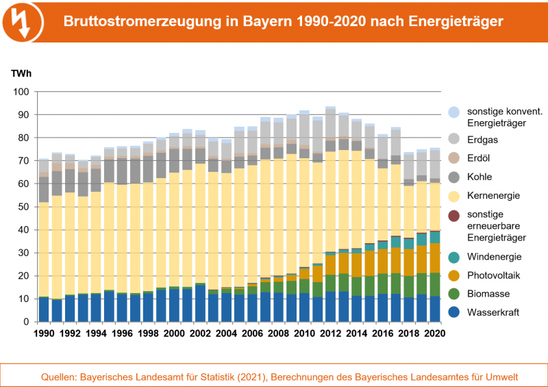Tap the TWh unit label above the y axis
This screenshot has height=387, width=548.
pos(21,73)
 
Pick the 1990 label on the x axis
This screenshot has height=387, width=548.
pos(44,334)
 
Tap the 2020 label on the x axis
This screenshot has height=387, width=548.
pos(434,334)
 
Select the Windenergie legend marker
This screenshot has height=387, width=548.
pos(453,256)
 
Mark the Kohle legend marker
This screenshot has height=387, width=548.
pos(453,177)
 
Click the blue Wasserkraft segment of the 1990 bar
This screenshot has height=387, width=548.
pos(44,310)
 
